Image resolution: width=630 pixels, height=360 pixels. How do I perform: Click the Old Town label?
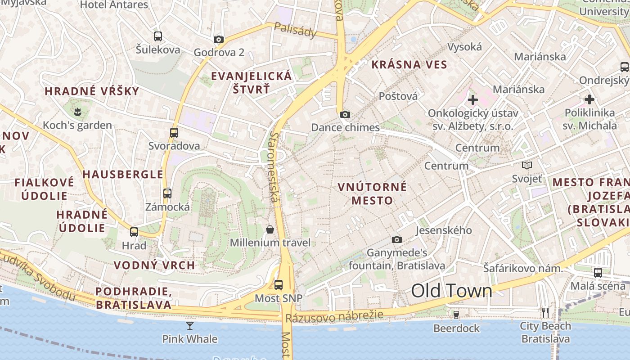(451, 291)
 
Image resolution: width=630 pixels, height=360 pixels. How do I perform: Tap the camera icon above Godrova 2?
(219, 40)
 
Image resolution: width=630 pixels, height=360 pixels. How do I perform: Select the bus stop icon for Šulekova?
(158, 36)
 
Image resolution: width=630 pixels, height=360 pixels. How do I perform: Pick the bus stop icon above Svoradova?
(174, 133)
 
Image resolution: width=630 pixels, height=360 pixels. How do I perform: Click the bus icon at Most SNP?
(279, 285)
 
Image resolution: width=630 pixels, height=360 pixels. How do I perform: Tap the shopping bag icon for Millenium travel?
(270, 229)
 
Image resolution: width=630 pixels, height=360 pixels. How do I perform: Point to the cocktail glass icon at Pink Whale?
(190, 325)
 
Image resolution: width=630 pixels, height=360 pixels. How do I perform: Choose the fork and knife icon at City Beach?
(545, 312)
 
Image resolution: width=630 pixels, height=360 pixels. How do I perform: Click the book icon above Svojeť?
(527, 166)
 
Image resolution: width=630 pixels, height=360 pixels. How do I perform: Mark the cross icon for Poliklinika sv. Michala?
(589, 99)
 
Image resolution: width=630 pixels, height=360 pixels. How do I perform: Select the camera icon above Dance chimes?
(345, 114)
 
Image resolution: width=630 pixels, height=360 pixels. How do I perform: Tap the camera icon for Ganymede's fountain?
(396, 239)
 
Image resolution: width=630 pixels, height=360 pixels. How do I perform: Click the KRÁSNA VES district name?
(409, 64)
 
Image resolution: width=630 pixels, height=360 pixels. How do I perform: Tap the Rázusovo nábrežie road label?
(334, 316)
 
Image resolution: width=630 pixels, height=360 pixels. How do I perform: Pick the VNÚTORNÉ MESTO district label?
(372, 193)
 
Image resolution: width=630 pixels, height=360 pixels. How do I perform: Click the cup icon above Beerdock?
(456, 315)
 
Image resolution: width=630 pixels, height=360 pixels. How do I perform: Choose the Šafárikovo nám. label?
(523, 269)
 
